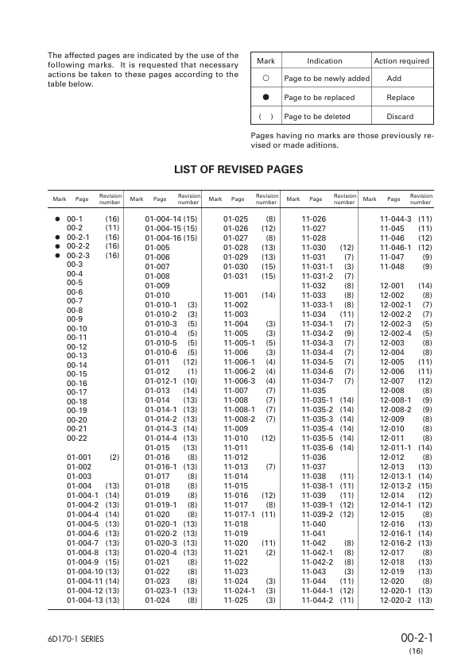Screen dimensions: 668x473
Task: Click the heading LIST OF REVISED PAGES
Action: click(238, 169)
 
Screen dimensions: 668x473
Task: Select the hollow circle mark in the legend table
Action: click(266, 79)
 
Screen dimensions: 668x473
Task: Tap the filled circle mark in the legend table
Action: click(266, 97)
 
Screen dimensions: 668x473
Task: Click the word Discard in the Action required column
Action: click(400, 116)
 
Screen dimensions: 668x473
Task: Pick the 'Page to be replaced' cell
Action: click(319, 98)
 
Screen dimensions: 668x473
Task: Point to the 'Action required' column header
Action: click(401, 61)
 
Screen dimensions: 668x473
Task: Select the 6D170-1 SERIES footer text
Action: click(75, 639)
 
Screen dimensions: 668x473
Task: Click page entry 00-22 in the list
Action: click(76, 438)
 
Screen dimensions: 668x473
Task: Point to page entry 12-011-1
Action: click(395, 448)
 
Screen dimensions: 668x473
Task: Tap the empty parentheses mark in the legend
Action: click(266, 116)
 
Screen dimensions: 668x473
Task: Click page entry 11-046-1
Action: click(395, 247)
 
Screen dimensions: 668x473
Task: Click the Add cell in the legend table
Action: click(394, 79)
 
